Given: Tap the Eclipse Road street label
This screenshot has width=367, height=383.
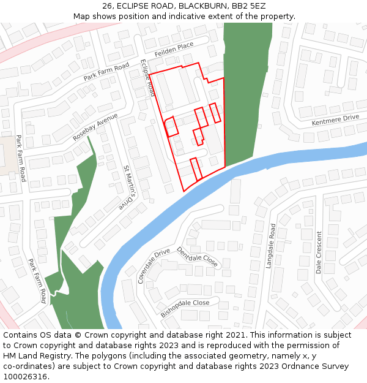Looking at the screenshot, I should pyautogui.click(x=147, y=78).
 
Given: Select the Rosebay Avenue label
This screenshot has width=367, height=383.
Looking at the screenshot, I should pyautogui.click(x=95, y=127).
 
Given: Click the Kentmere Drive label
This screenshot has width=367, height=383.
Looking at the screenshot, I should pyautogui.click(x=335, y=120).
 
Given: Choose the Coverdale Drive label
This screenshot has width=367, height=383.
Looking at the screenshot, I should pyautogui.click(x=154, y=266).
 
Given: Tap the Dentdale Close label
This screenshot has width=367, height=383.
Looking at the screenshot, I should pyautogui.click(x=197, y=257).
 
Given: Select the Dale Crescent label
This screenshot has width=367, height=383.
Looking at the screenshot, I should pyautogui.click(x=319, y=252).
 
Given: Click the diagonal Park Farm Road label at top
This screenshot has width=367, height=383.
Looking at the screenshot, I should pyautogui.click(x=106, y=72).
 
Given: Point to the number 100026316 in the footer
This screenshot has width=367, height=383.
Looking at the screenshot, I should pyautogui.click(x=24, y=377).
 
